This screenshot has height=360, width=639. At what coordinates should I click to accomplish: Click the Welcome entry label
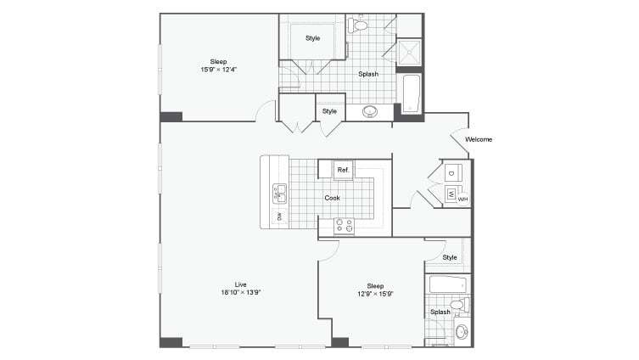(479, 139)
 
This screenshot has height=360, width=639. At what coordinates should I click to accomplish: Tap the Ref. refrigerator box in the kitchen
(344, 170)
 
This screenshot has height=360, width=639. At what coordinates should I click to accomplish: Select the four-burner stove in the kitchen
(345, 225)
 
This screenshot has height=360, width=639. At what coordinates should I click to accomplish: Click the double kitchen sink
(280, 194)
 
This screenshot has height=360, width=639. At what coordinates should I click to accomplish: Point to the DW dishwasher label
(278, 217)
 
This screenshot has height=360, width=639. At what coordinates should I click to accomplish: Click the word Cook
(333, 198)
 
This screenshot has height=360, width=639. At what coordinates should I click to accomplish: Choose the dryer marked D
(452, 173)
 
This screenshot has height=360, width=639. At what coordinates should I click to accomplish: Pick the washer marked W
(451, 194)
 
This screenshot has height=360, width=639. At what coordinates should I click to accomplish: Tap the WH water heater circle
(463, 199)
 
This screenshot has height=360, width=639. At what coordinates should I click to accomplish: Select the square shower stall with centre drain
(409, 52)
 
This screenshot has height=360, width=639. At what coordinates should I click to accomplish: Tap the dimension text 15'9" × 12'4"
(219, 70)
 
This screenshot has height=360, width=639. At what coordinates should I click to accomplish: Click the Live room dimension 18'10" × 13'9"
(240, 292)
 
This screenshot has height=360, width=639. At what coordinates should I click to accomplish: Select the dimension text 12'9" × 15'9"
(375, 294)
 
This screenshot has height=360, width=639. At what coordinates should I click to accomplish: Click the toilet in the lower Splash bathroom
(458, 304)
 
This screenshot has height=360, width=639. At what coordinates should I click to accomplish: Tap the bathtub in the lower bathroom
(445, 284)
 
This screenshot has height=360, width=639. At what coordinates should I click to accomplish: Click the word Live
(240, 284)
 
